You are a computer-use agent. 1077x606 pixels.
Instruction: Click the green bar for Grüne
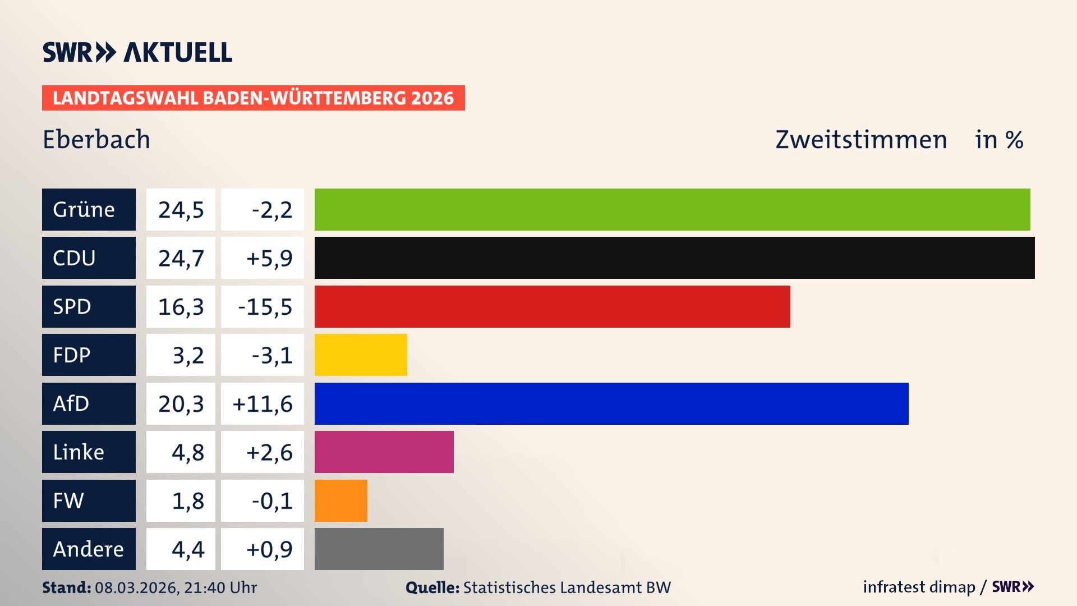coord(672,209)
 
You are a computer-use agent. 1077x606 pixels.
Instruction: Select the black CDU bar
coord(674,258)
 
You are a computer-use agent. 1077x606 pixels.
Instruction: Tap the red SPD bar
coord(552,306)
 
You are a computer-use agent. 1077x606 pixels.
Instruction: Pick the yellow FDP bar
coord(361,355)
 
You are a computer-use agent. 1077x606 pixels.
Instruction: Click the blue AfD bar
coord(611,403)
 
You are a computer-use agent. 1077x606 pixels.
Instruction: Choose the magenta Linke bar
coord(384,452)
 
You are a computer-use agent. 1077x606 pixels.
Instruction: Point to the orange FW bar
coord(340,501)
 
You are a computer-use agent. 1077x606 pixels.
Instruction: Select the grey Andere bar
coord(379,549)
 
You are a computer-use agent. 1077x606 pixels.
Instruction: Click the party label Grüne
coord(84,209)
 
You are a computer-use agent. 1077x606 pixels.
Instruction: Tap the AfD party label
coord(71,403)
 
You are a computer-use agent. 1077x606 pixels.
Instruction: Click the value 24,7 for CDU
coord(181,258)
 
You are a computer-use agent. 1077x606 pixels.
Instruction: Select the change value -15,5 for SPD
coord(265,307)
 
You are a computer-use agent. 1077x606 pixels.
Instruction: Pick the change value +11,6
coord(263,404)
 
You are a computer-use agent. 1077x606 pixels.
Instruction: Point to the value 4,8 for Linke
coord(187,452)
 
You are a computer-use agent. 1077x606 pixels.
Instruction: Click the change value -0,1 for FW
coord(271,501)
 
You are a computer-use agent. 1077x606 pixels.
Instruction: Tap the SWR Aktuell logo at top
coord(137,52)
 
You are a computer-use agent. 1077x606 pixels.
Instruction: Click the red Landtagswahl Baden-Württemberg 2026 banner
coord(253,98)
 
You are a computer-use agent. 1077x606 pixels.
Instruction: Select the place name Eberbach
coord(96,140)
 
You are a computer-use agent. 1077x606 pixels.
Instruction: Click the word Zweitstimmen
coord(861,140)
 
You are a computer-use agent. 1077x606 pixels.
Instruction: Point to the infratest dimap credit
coord(919,587)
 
